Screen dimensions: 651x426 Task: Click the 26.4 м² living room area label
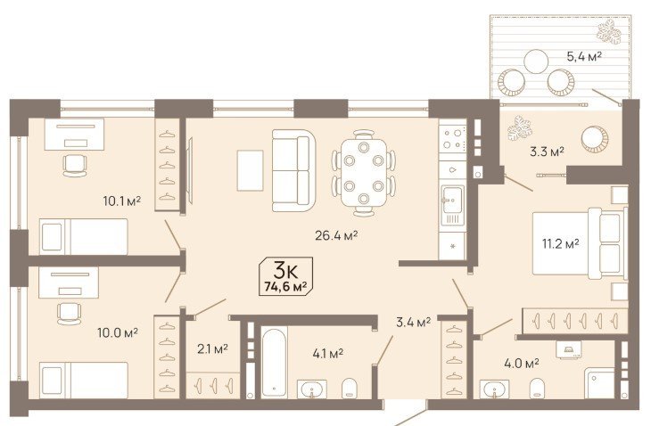336,235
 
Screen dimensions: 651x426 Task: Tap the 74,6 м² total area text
285,287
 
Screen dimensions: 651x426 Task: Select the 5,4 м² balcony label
585,56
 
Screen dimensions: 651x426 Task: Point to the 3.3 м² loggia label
547,152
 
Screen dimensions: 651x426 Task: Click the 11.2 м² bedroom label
561,243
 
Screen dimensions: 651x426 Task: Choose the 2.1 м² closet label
212,349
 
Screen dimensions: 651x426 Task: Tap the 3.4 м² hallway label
413,322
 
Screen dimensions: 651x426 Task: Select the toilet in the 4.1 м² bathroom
349,389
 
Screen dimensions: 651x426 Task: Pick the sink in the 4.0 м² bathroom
494,389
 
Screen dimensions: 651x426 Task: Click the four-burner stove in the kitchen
452,139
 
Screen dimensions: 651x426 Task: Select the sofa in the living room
293,170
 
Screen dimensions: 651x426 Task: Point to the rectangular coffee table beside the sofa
250,170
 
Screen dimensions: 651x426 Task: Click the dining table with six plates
364,172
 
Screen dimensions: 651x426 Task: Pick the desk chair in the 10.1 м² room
75,166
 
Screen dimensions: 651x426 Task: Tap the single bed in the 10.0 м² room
84,380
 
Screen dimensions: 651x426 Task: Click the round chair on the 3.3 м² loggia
595,139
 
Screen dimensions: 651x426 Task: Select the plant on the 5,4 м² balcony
609,32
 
